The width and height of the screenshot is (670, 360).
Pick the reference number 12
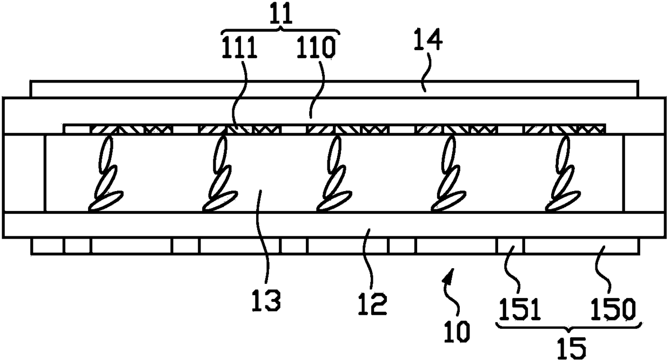(x=372, y=304)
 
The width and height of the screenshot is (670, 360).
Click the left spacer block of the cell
(x=24, y=173)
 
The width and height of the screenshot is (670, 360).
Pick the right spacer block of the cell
(x=645, y=173)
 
